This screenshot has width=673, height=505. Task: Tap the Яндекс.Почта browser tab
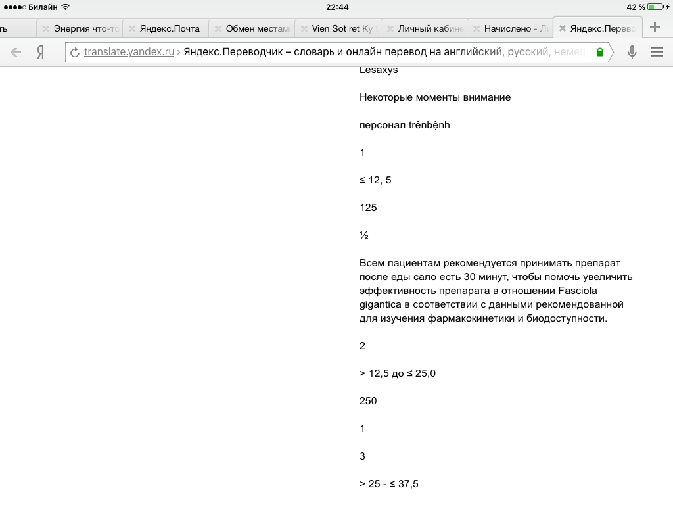tap(170, 29)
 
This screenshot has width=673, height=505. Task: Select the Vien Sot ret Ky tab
tap(345, 29)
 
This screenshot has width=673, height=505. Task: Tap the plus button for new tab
tap(655, 28)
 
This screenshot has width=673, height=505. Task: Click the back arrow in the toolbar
tap(16, 53)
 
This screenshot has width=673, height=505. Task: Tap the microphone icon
tap(632, 53)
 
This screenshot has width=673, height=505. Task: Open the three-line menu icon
tap(657, 53)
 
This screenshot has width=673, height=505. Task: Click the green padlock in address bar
tap(599, 53)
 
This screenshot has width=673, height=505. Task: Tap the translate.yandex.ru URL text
tap(129, 53)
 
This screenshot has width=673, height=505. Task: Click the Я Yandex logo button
tap(41, 53)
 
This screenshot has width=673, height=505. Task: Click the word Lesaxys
tap(379, 70)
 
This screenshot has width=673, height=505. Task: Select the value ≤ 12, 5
tap(375, 180)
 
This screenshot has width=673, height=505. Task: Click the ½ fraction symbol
tap(364, 235)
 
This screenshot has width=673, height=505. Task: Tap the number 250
tap(368, 401)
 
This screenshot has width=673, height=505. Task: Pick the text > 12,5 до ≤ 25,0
tap(398, 373)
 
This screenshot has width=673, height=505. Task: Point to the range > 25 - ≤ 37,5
tap(389, 484)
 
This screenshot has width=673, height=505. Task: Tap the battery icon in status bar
tap(655, 7)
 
